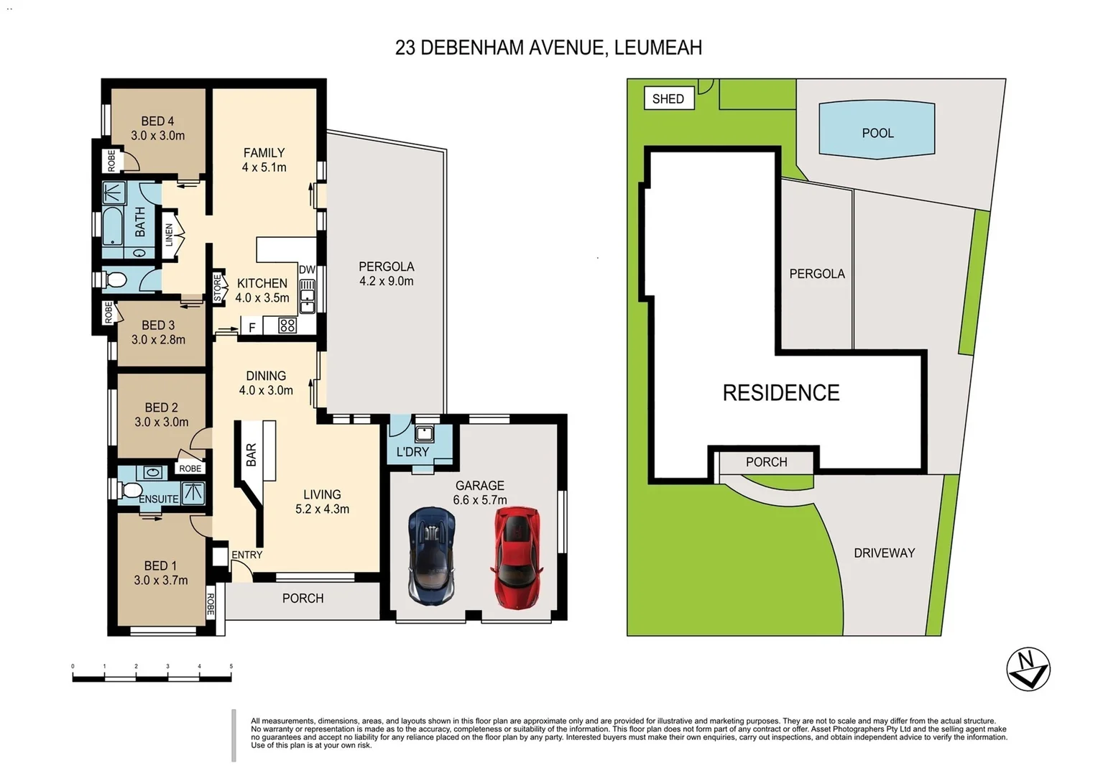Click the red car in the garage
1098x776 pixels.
516,558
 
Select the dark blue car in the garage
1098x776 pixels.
431,557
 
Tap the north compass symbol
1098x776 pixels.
1028,669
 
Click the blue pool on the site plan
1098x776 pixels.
877,129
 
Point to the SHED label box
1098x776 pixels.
668,98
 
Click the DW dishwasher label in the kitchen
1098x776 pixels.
307,269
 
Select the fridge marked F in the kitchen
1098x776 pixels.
252,327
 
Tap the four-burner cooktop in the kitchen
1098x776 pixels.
287,325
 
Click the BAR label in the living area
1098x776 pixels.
251,455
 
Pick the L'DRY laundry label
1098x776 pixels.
412,451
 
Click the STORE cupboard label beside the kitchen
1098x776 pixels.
218,287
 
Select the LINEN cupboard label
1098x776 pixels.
170,235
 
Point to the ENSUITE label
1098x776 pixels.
158,499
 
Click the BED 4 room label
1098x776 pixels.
157,121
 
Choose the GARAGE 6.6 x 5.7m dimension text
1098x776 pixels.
479,499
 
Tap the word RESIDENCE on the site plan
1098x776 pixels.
781,392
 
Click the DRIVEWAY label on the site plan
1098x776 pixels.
884,553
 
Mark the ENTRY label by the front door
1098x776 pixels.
246,555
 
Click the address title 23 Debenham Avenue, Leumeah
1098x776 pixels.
548,47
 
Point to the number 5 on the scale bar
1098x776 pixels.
231,666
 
